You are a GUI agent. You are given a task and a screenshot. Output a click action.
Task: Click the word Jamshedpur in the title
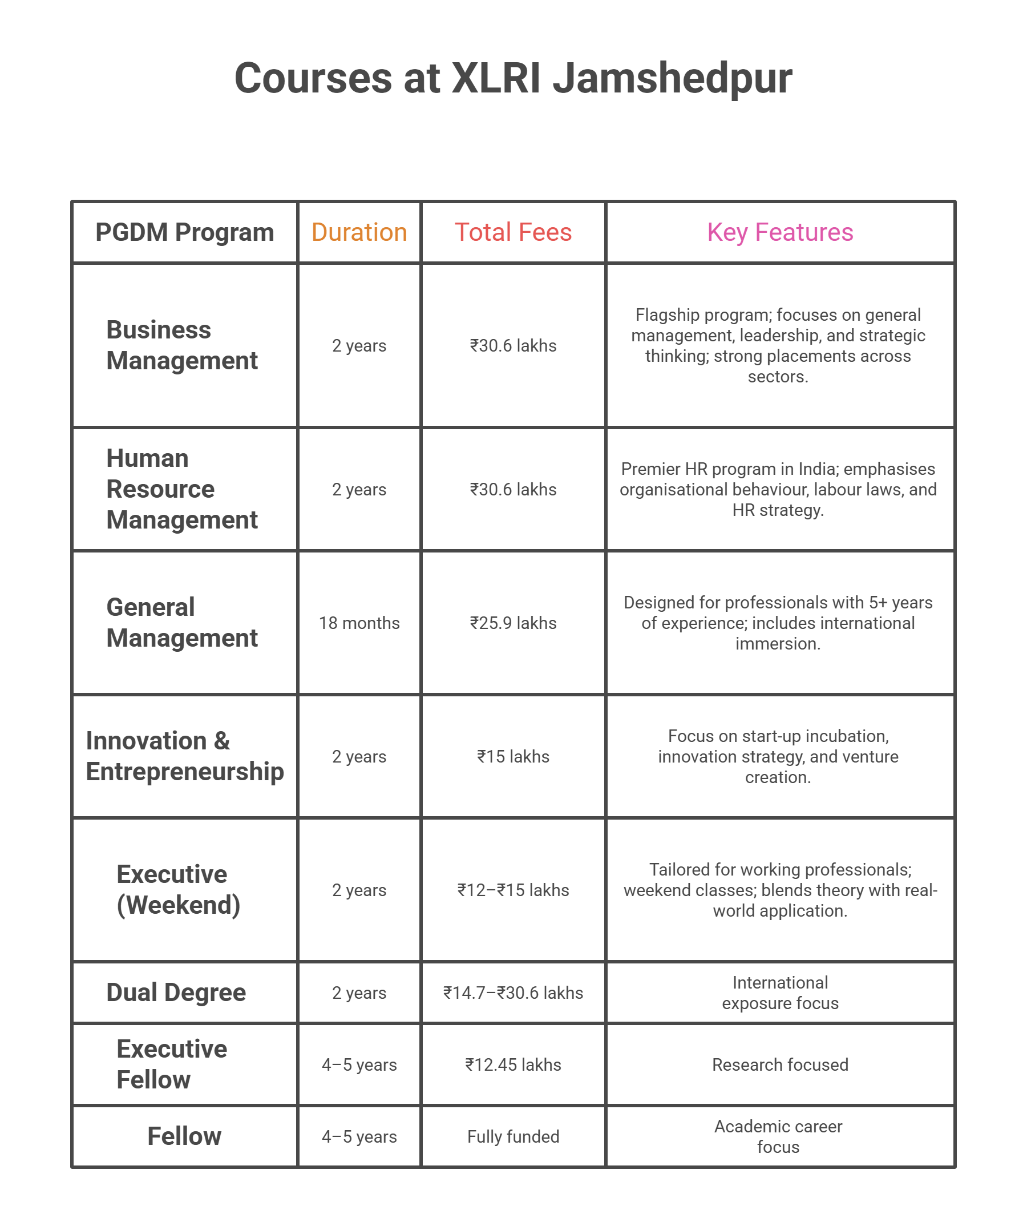672,79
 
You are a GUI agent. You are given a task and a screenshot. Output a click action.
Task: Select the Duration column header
359,232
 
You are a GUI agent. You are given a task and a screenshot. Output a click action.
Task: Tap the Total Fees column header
513,232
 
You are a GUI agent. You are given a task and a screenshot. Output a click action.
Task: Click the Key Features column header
779,232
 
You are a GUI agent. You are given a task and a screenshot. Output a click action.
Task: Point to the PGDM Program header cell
184,232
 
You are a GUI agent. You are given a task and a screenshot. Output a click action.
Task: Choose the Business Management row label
181,345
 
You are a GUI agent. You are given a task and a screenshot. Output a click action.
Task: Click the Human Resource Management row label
181,489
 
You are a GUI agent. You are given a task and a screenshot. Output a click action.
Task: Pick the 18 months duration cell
359,623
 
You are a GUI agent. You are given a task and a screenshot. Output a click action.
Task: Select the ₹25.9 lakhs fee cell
513,623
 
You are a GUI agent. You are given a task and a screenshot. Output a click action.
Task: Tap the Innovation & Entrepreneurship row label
184,756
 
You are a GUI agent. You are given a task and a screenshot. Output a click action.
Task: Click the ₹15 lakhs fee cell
513,756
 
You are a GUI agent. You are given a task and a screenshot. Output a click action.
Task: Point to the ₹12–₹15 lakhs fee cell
513,890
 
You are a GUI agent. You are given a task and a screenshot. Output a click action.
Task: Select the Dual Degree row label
176,993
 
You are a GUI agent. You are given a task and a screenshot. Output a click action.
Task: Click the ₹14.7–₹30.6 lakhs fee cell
513,993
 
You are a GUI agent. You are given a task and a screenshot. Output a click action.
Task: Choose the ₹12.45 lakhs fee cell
513,1065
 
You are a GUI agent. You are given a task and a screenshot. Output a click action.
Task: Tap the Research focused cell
779,1065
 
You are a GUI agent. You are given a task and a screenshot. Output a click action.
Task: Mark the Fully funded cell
513,1136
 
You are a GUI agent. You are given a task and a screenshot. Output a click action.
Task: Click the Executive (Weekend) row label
178,890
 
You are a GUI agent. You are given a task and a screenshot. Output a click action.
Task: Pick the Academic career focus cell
778,1136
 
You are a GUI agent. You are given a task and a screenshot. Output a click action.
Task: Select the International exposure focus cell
779,993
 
